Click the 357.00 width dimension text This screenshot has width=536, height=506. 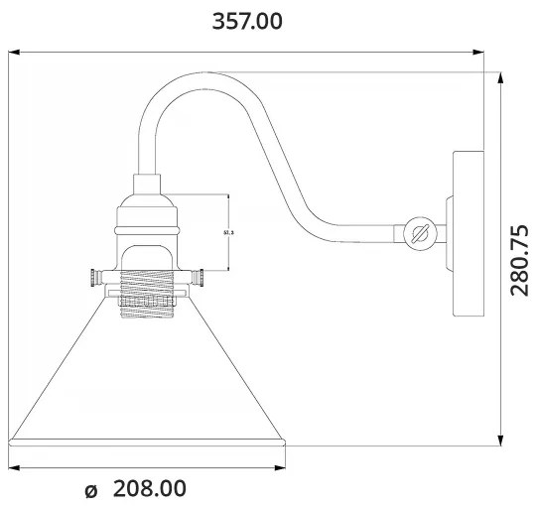point(247,21)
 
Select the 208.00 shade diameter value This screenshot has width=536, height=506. point(150,489)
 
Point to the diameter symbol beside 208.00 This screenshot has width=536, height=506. point(92,490)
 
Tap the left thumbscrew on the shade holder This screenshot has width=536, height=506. point(95,277)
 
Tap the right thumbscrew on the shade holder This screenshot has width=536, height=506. point(199,277)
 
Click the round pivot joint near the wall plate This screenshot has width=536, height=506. point(418,234)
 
